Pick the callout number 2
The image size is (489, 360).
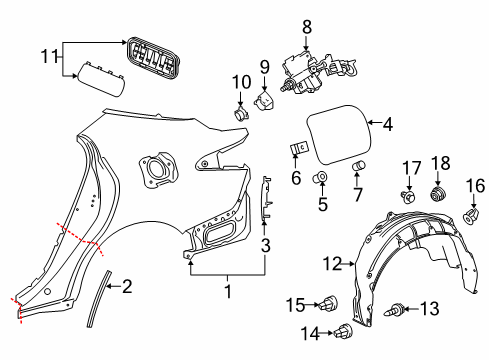[x=126, y=287]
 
